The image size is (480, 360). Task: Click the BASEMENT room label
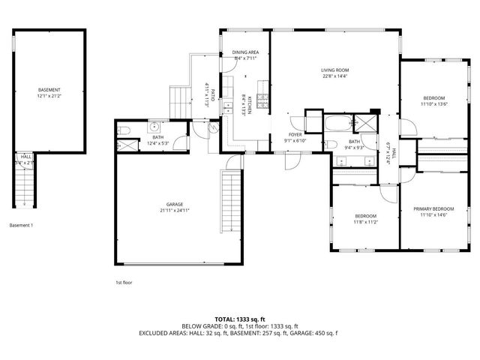(49, 89)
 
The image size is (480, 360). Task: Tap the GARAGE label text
(175, 204)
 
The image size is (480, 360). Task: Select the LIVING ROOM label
(334, 70)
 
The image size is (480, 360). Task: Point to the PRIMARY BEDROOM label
(433, 209)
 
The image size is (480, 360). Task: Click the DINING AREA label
(245, 52)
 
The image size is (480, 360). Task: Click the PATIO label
(213, 96)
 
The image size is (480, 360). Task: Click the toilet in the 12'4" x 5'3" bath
(124, 132)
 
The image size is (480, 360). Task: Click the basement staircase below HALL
(25, 187)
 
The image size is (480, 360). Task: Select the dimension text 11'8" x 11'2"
(365, 222)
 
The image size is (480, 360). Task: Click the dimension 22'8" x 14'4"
(334, 76)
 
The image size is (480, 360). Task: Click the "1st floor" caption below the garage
(123, 282)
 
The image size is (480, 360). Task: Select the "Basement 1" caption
(21, 225)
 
